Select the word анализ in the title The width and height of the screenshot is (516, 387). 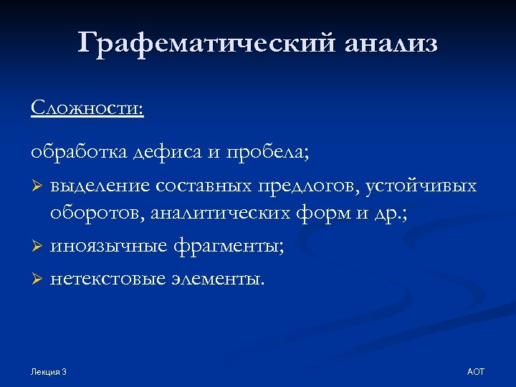coord(391,44)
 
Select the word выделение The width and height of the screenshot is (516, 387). coord(100,186)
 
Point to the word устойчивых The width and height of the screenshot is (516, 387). coord(421,186)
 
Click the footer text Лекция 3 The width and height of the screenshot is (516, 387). coord(49,372)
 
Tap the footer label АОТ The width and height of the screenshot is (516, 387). coord(475,372)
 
